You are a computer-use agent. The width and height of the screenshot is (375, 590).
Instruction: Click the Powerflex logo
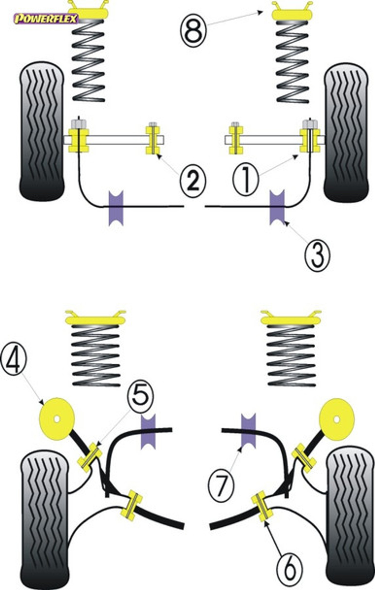point(46,19)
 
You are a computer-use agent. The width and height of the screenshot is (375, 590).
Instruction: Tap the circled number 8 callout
point(193,31)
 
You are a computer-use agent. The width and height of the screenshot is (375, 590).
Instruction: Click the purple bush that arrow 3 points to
point(277,207)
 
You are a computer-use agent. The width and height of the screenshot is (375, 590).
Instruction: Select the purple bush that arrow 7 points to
point(248,431)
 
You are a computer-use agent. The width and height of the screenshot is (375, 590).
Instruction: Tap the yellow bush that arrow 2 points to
point(153,140)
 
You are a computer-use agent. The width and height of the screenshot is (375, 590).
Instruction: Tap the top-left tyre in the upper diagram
point(42,131)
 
